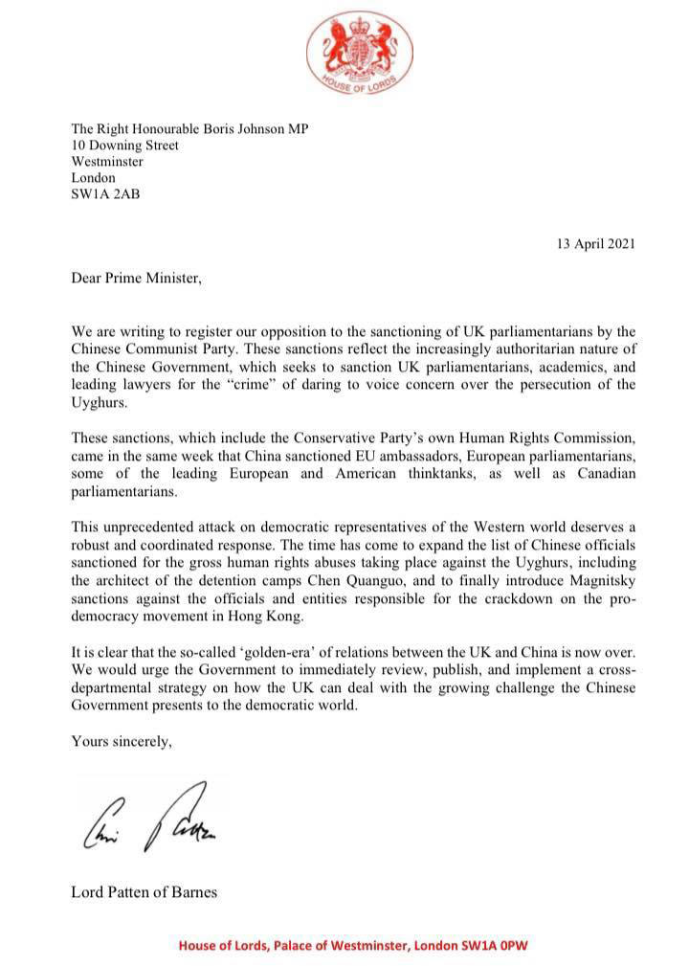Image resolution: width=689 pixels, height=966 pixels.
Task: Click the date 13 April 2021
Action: coord(595,243)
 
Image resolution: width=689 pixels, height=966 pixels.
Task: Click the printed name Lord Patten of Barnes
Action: coord(144,892)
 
